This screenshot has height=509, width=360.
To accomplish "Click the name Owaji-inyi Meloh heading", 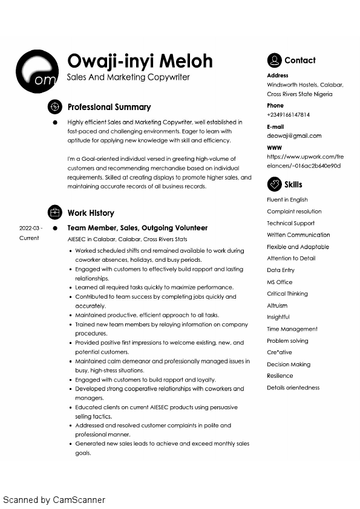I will pos(140,61).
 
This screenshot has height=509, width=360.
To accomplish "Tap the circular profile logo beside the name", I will pos(37,71).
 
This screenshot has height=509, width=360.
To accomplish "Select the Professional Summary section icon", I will pos(55,107).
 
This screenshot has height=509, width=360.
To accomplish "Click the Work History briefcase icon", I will pos(55,213).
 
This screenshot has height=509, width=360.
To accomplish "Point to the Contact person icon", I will pos(274,60).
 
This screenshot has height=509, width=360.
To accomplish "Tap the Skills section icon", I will pos(274,184).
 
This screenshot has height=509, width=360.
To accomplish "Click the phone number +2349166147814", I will pos(288,115).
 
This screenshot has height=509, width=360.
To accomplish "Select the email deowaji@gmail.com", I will pos(294,136).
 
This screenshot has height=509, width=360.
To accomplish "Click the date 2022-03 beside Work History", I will pos(30,229).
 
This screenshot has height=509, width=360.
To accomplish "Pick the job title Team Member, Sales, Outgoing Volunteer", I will pos(137,228).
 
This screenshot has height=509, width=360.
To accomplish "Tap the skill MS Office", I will pos(280,282).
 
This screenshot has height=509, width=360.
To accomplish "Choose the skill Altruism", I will pos(277,305).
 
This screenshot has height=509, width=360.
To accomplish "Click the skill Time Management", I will pos(292,329).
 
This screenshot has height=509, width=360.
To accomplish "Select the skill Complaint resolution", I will pos(294,212).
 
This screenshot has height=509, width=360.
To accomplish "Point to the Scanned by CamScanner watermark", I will pos(54,500).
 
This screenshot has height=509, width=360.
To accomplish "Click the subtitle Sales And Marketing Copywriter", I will pos(128,77).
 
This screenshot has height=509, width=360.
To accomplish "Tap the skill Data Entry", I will pos(281,270).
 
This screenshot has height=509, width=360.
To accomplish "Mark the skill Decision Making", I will pos(289,365).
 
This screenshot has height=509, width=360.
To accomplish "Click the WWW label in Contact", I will pos(274,148).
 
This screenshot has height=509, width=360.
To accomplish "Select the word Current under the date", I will pos(29,238).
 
